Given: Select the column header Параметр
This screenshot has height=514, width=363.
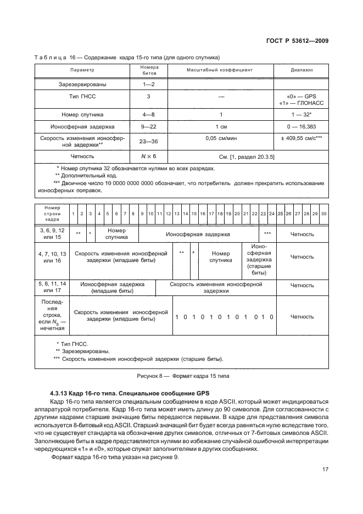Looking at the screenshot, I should [x=82, y=70].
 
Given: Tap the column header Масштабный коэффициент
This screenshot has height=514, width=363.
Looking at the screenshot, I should [x=220, y=70].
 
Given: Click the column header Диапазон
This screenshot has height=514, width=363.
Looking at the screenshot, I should [x=301, y=70].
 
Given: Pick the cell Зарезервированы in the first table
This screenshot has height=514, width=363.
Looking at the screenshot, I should [x=82, y=85].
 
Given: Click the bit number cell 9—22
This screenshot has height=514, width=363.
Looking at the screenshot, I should [x=148, y=127].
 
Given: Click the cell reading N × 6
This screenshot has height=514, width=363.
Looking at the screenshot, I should [x=148, y=157].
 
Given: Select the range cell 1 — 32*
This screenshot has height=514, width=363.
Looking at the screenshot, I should [x=301, y=114].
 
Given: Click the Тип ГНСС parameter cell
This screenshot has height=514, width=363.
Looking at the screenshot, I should [x=82, y=97].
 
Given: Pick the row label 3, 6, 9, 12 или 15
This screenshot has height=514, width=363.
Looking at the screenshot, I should [x=52, y=234].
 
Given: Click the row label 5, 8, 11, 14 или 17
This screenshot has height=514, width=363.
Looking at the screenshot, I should [x=52, y=287].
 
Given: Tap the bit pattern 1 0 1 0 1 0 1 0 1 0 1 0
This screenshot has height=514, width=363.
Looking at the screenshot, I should [x=224, y=317].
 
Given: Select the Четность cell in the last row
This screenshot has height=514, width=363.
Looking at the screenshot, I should [x=302, y=317].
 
